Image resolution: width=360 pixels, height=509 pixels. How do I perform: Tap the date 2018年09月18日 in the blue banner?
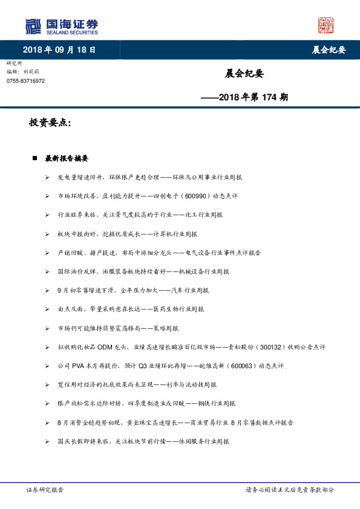59,50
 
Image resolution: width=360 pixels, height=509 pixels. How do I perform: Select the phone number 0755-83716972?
25,81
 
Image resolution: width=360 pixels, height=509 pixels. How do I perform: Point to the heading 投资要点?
50,123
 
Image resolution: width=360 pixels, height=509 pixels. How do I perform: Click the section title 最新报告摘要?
67,158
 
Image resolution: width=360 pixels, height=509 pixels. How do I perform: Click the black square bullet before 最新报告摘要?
35,158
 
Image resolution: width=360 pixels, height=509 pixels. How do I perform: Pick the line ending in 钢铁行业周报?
146,403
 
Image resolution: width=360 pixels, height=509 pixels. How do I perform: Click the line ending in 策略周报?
118,328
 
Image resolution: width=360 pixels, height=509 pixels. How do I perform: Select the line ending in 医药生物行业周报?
131,309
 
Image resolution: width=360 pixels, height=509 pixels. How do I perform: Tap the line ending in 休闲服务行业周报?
143,441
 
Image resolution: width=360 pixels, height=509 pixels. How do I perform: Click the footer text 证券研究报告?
45,490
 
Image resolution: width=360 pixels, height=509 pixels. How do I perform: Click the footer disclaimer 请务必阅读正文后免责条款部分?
290,490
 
